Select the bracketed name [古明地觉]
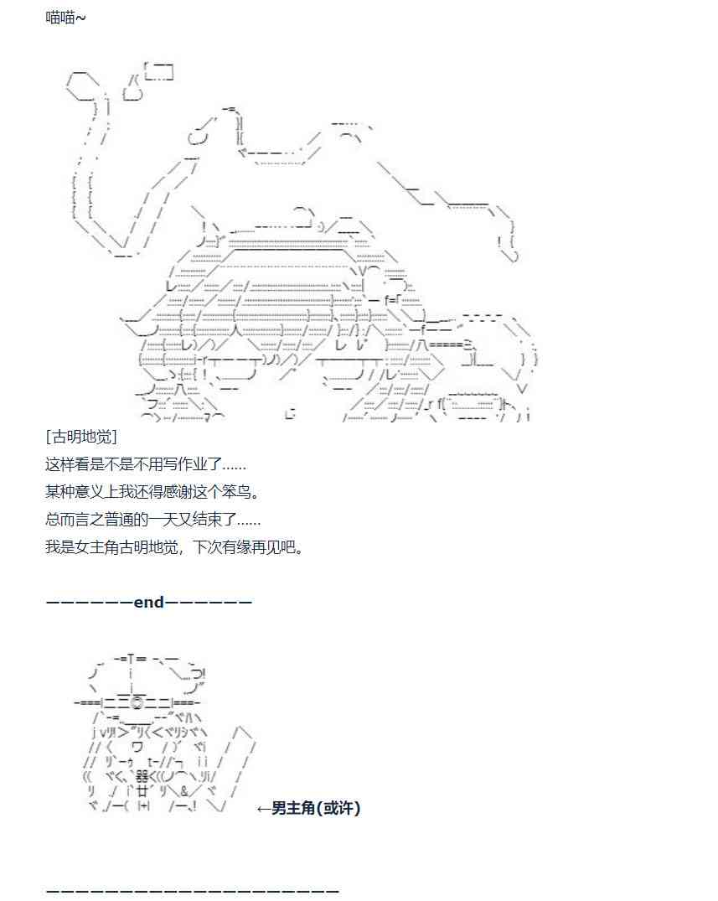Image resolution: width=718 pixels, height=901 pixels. coord(81,437)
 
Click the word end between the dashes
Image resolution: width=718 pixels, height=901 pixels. coord(149,602)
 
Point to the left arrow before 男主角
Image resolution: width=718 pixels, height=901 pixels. coord(263,808)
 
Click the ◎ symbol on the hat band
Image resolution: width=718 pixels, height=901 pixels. coord(137,702)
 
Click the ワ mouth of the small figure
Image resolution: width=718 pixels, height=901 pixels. coord(137,747)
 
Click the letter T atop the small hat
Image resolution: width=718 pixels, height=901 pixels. coord(132,659)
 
